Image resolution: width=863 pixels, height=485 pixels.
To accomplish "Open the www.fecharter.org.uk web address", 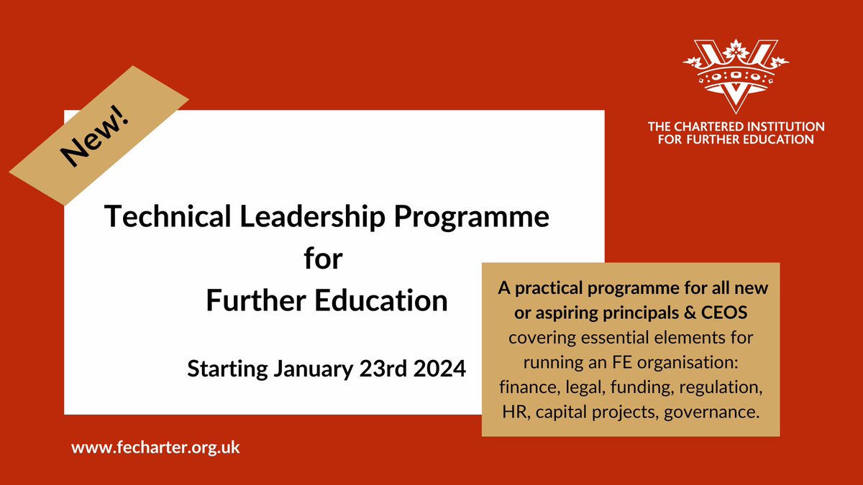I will click(x=155, y=447).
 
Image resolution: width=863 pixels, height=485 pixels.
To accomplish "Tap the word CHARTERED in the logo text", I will click(x=708, y=126).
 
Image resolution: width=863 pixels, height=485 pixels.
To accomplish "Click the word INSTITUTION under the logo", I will click(x=785, y=126).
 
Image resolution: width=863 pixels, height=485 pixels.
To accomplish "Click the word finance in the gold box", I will click(x=523, y=389).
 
